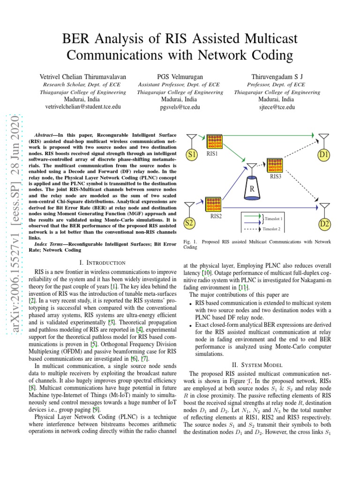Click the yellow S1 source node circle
pyautogui.click(x=191, y=154)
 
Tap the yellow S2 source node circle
pyautogui.click(x=189, y=223)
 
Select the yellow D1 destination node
pyautogui.click(x=324, y=154)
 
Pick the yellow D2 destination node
pyautogui.click(x=324, y=225)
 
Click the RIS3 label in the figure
pyautogui.click(x=275, y=177)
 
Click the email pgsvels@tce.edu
pyautogui.click(x=180, y=107)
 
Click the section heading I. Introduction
pyautogui.click(x=103, y=262)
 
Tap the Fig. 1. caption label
pyautogui.click(x=190, y=242)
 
